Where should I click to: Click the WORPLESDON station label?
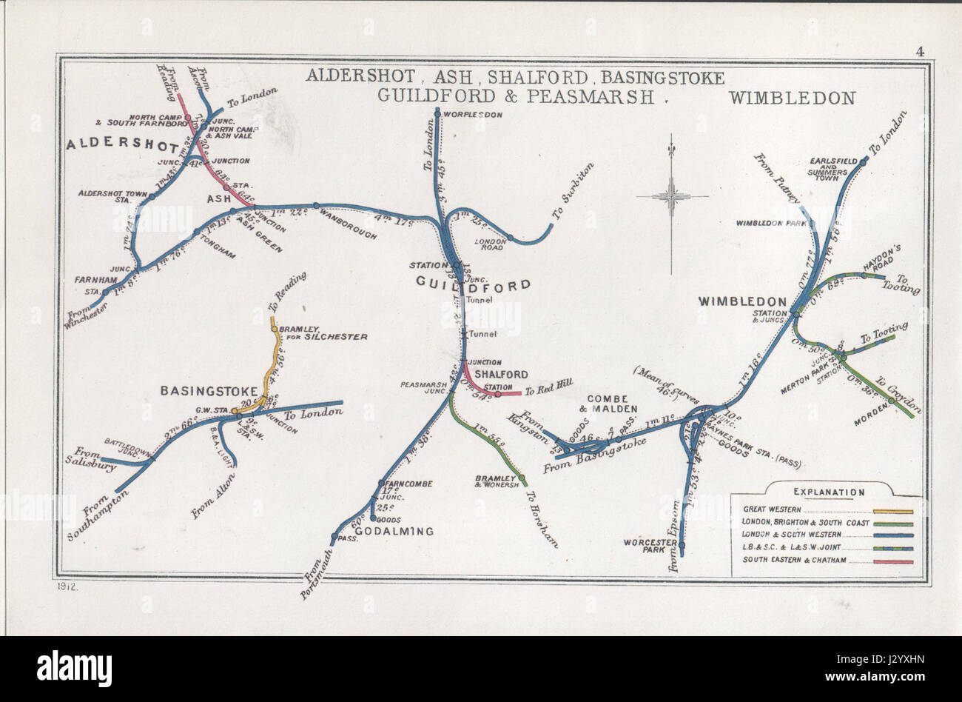click(474, 115)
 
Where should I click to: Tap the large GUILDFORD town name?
click(474, 284)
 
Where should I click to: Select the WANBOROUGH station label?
click(348, 224)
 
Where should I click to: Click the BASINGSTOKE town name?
click(209, 391)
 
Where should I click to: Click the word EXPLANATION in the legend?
click(828, 492)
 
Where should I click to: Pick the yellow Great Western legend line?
click(893, 511)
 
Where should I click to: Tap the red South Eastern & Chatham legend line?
click(893, 561)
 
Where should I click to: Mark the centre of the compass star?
click(672, 196)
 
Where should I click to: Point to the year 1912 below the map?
click(67, 586)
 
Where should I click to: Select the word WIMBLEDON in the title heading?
click(792, 98)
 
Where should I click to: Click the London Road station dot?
click(510, 238)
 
